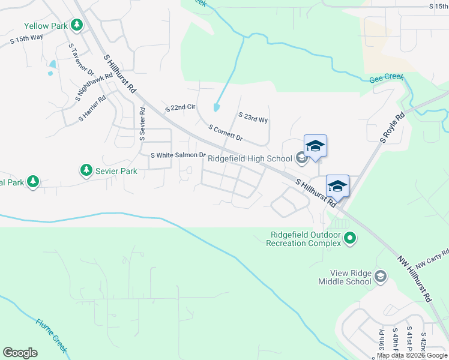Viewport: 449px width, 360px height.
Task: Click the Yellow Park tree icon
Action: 76,25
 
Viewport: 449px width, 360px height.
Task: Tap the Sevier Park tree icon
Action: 86,171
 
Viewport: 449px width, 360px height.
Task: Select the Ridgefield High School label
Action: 250,158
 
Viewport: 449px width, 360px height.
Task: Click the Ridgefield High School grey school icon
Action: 301,158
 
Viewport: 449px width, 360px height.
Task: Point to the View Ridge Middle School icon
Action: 380,276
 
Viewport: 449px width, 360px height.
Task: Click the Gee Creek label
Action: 386,78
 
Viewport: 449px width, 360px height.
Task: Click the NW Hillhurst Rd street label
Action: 415,280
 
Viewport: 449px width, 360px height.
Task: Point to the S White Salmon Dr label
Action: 178,155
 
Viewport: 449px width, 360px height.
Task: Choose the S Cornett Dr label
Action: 225,133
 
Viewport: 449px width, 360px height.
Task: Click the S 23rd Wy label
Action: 253,118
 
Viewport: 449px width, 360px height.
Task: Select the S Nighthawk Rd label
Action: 95,86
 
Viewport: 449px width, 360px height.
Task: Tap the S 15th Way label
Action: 27,37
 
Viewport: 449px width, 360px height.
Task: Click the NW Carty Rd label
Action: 433,258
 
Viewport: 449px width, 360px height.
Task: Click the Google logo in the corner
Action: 20,353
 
